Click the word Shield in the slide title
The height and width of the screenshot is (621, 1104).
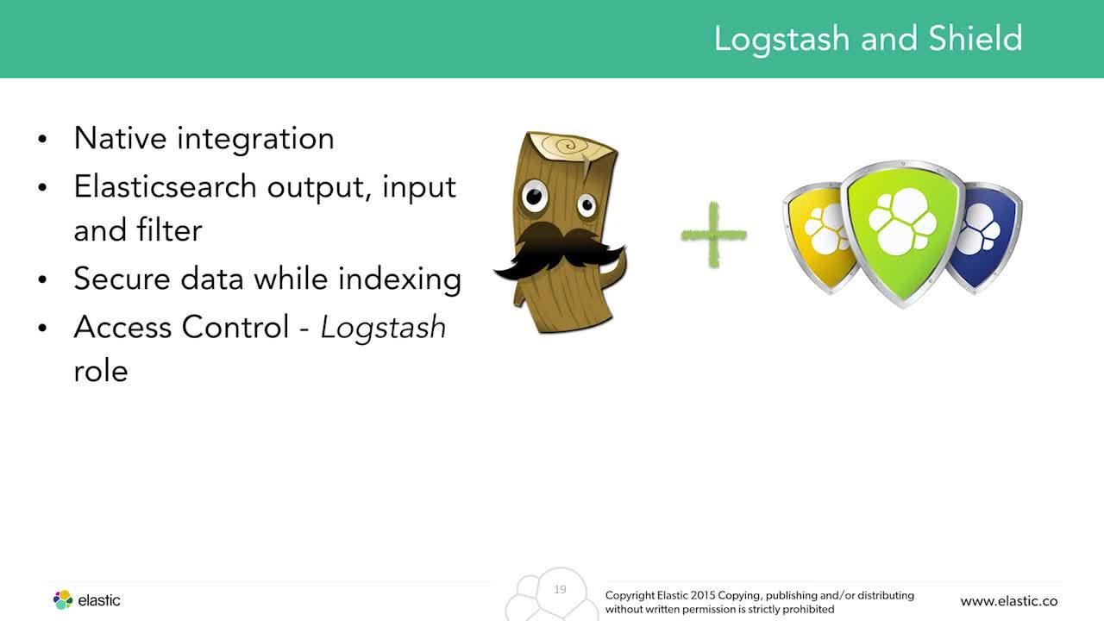(x=975, y=39)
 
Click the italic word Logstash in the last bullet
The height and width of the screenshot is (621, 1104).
(x=383, y=328)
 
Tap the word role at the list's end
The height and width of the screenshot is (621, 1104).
(x=100, y=371)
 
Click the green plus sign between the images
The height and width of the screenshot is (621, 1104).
(x=714, y=235)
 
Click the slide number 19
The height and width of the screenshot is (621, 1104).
(x=560, y=590)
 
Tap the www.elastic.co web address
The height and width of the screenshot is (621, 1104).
(x=1008, y=601)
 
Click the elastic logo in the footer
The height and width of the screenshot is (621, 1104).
(x=87, y=600)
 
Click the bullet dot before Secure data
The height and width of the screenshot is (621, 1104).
(x=43, y=280)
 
